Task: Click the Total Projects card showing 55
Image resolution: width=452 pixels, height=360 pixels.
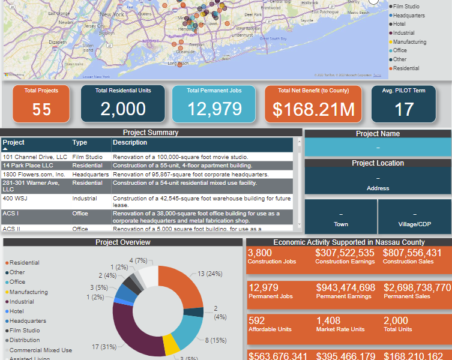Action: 41,103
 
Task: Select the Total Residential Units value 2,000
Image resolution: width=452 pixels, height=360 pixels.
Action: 123,109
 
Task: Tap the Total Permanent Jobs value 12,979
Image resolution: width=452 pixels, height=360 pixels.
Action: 214,109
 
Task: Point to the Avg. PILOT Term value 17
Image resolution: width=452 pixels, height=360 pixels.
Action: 404,109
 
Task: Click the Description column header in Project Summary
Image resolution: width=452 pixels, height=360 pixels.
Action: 130,143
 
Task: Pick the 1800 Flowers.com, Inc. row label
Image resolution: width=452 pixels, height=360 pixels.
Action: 34,174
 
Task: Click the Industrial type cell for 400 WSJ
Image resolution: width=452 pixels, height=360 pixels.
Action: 85,198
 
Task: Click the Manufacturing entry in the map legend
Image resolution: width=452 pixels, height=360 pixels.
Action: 409,42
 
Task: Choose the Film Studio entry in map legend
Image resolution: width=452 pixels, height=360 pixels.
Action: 406,7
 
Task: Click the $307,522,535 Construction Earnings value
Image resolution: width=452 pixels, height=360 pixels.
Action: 345,253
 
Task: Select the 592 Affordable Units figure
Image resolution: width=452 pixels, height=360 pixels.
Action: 256,321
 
